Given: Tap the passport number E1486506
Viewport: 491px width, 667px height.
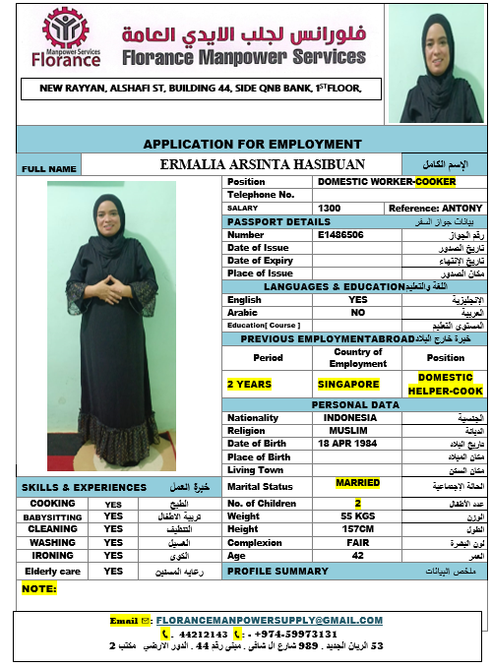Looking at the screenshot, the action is [x=340, y=235].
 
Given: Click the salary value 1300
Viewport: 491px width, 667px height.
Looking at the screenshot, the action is [x=330, y=209].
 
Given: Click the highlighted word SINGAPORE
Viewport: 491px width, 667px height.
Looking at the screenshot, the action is [x=348, y=384].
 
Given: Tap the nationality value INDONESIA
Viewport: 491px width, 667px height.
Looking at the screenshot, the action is [x=349, y=417].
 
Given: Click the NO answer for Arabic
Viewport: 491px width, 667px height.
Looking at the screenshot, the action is [x=358, y=312].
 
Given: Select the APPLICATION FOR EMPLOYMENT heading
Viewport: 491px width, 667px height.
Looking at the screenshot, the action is [x=252, y=144].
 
